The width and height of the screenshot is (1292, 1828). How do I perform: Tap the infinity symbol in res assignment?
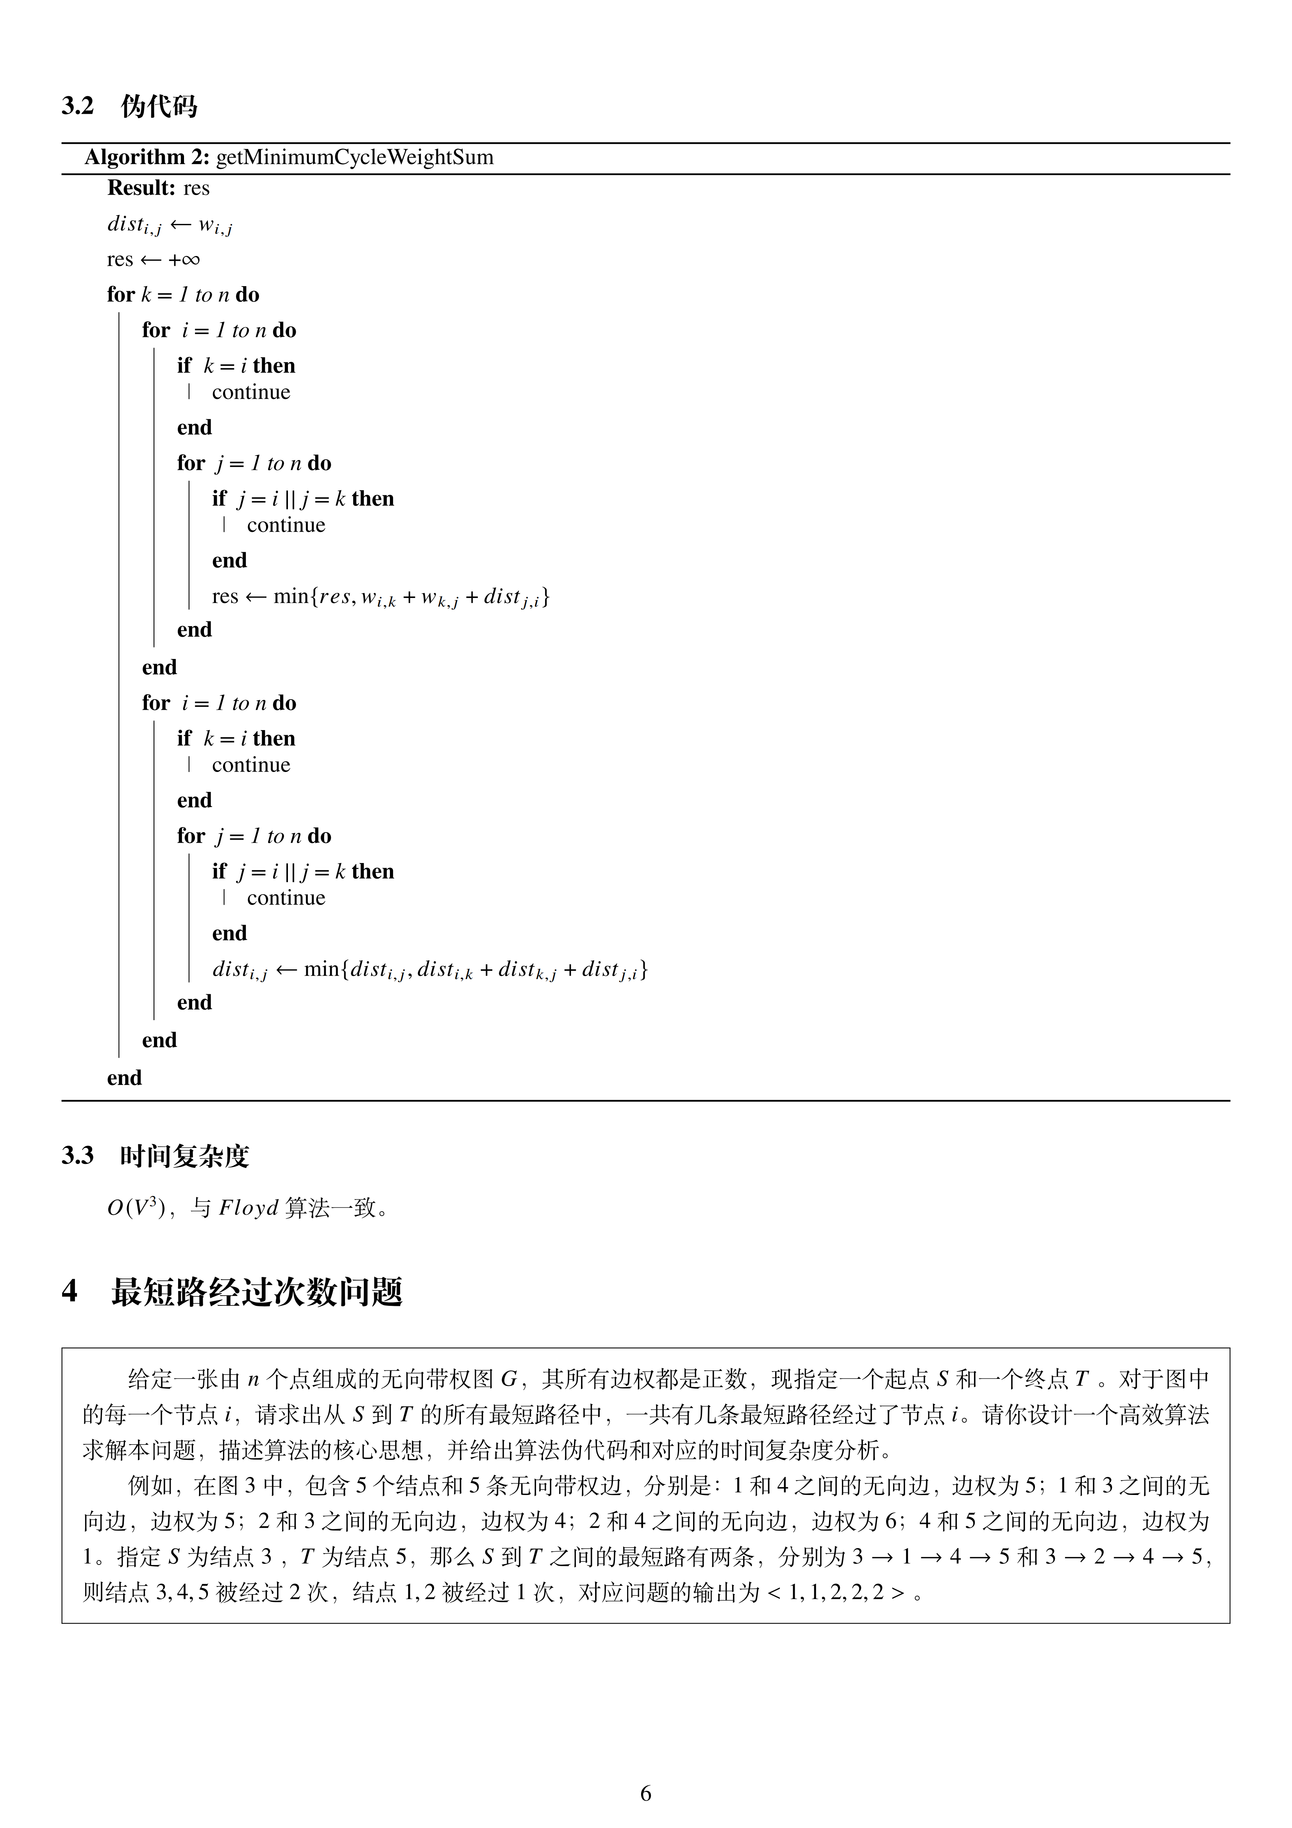tap(189, 260)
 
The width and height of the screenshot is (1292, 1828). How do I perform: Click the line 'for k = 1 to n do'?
tap(183, 295)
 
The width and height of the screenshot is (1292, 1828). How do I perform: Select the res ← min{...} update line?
tap(381, 596)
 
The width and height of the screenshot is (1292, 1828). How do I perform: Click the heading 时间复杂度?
tap(185, 1156)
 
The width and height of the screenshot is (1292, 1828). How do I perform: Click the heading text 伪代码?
tap(159, 106)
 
